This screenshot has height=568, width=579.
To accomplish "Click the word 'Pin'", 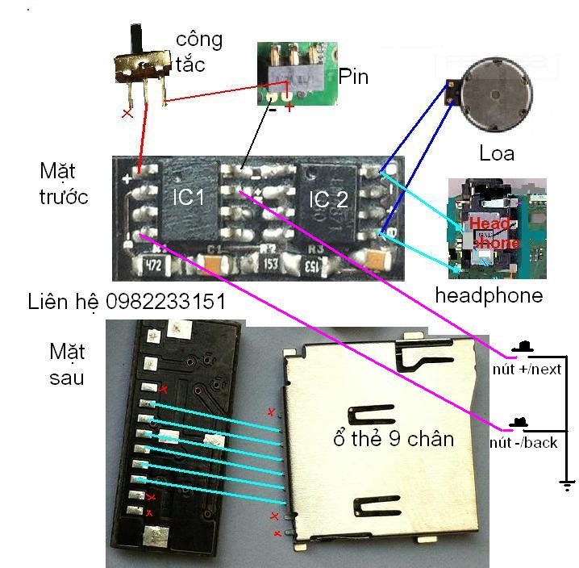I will (x=353, y=77).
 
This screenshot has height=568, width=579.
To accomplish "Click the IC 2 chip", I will (x=328, y=198).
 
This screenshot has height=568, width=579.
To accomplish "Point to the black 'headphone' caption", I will (x=489, y=295).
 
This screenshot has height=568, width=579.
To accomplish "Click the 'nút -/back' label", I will (x=523, y=443).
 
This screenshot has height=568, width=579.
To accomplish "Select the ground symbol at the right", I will (x=568, y=484).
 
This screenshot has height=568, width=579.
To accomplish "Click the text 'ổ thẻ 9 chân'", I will (x=393, y=440).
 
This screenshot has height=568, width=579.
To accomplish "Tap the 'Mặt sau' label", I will (x=67, y=364).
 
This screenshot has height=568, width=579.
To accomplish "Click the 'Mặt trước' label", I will (x=64, y=184).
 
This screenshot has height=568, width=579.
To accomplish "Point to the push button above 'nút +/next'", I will (x=523, y=347).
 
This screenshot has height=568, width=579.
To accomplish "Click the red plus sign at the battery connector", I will (x=289, y=106).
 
